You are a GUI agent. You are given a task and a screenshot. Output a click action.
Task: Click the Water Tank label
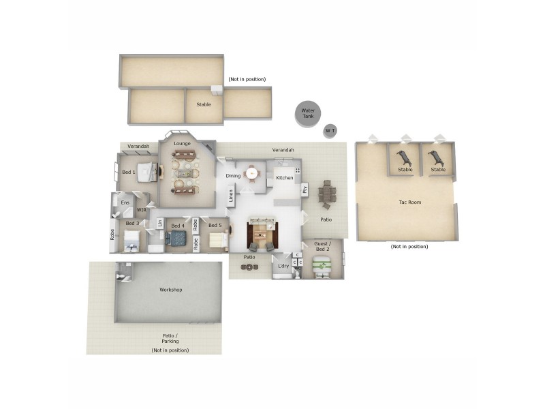coord(307,113)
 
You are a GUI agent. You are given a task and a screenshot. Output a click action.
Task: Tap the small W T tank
coord(330,130)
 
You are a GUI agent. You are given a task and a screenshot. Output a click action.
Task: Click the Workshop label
coord(170,290)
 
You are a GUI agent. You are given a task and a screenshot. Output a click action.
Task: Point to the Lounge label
coord(182,144)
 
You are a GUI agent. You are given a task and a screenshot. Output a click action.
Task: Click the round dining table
coord(253,173)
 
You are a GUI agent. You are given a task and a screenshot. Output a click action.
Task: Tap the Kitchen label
coord(284,177)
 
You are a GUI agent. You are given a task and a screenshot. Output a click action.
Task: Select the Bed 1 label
coord(129,172)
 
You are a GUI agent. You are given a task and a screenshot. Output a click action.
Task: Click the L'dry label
coord(283,266)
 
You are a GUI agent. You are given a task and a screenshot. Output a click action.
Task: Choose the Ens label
coord(125,202)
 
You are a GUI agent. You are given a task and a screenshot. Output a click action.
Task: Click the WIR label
coord(142,210)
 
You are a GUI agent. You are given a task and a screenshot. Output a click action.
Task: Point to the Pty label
coord(305,190)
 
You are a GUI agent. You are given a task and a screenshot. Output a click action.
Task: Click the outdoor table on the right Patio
coord(326,194)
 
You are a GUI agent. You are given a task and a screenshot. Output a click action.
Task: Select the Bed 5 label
coord(215,226)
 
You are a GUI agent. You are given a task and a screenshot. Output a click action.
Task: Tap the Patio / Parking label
coord(170,338)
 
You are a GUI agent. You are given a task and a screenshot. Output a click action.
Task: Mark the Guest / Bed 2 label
coord(322,246)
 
